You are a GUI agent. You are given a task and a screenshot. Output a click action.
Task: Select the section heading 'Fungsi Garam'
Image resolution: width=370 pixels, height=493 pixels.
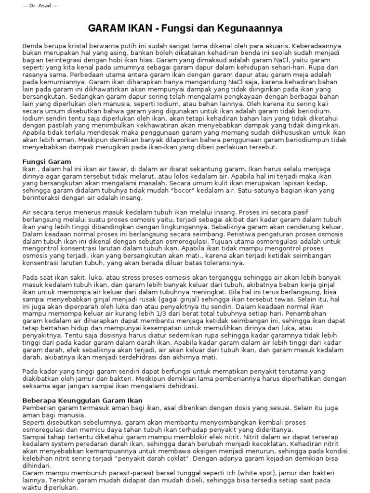[x=47, y=162]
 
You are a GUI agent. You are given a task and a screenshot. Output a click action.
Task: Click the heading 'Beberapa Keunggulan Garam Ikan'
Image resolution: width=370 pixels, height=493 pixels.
[x=82, y=400]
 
